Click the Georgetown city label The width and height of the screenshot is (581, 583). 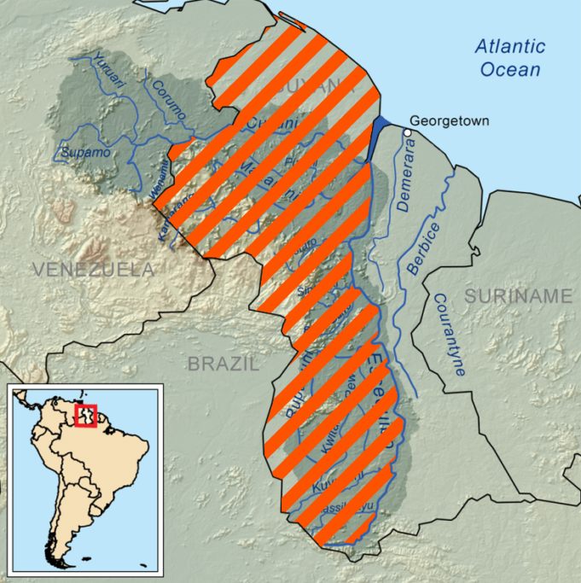[450, 121]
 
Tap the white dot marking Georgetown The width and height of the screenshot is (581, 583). [409, 132]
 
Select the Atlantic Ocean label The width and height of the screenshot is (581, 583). [509, 57]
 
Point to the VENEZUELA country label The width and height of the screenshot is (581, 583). [93, 270]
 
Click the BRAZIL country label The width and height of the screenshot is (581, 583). [222, 364]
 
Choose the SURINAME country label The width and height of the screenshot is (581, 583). [518, 296]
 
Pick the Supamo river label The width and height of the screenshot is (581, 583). [85, 153]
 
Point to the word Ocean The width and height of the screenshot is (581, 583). [510, 69]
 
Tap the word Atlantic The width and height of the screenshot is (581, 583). [509, 46]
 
